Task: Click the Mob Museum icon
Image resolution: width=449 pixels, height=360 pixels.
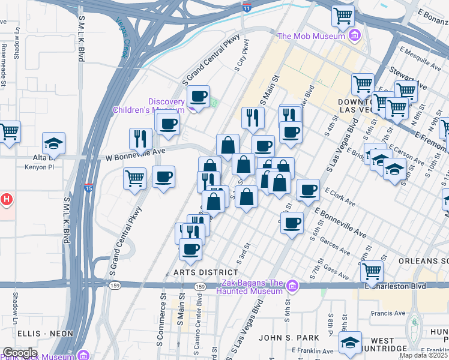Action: pos(355,36)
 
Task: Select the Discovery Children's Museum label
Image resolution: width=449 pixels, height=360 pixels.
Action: pos(149,106)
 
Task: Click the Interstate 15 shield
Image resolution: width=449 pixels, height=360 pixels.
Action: pos(89,188)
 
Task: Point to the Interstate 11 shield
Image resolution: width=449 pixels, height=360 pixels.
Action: pos(247,7)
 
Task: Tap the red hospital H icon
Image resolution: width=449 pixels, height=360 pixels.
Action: pos(6,199)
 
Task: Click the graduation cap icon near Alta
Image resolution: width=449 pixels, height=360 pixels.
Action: pos(53,143)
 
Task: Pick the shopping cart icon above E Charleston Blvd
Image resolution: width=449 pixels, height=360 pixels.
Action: pos(372,271)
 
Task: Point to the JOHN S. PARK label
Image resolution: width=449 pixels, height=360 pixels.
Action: pos(283,337)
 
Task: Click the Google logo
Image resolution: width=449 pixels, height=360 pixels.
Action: pos(19,353)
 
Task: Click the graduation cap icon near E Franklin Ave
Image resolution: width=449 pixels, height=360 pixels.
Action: pos(350,343)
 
